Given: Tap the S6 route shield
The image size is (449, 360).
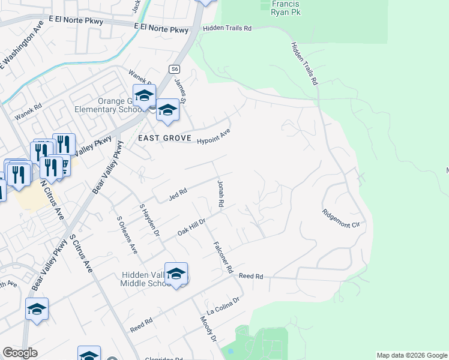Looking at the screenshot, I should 174,68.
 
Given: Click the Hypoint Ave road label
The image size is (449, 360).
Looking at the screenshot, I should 214,136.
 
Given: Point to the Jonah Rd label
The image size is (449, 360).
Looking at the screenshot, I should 220,193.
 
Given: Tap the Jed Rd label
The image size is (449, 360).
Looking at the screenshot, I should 178,193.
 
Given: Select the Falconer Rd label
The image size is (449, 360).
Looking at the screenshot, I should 222,257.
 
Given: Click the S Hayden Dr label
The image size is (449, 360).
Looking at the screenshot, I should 150,220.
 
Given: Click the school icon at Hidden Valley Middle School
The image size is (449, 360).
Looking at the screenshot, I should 176,274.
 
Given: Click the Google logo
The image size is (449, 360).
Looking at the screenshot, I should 20,353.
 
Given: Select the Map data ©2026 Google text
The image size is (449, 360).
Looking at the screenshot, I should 411,355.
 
